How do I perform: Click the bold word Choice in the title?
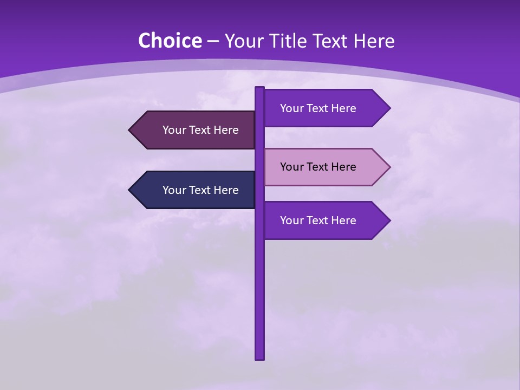(x=170, y=41)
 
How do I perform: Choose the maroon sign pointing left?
(x=195, y=130)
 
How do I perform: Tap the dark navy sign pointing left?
(x=195, y=190)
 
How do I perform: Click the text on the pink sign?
(x=318, y=167)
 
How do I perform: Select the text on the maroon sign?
(x=200, y=130)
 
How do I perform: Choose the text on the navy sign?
(x=200, y=190)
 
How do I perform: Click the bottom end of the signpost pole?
(x=260, y=357)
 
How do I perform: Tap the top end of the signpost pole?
(x=260, y=89)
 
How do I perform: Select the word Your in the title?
(x=241, y=41)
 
